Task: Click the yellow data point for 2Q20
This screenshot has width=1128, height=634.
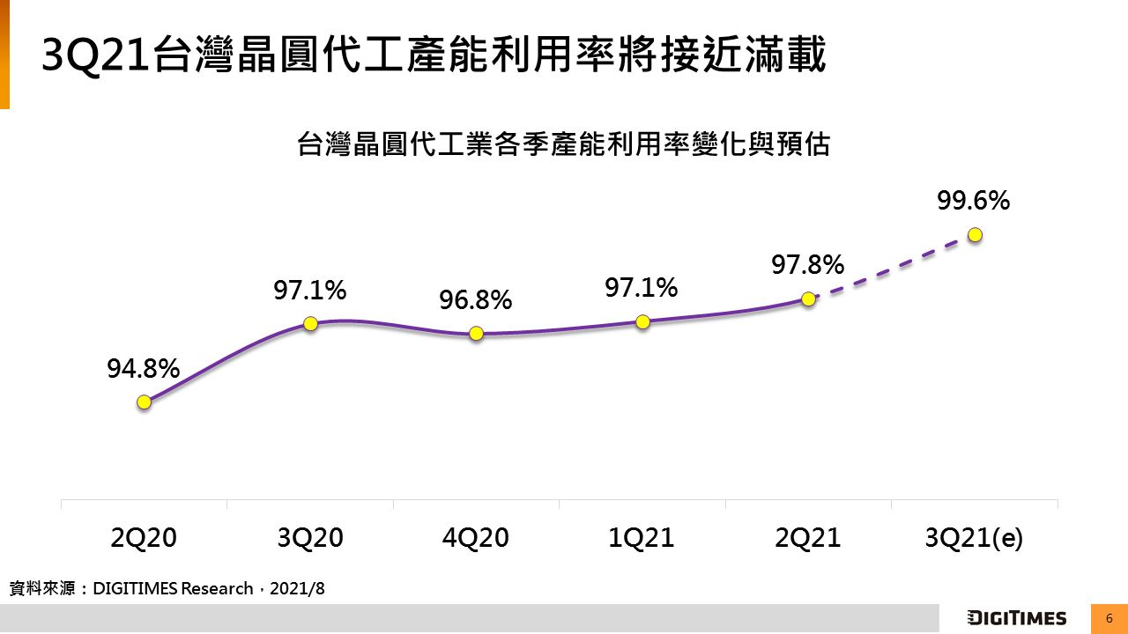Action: [144, 402]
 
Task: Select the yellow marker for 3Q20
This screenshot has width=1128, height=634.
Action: [310, 323]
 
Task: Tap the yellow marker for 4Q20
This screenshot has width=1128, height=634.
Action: [476, 334]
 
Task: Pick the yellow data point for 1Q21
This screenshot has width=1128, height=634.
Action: [642, 321]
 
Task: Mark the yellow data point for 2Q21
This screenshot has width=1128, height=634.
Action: [807, 299]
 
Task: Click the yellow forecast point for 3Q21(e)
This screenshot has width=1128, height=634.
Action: [975, 234]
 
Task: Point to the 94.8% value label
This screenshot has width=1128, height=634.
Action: [144, 369]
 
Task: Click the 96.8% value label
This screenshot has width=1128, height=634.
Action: [476, 300]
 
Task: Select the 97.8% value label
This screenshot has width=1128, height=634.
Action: [808, 264]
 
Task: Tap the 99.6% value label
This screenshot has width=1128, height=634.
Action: [973, 201]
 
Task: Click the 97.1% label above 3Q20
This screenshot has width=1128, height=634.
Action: [309, 290]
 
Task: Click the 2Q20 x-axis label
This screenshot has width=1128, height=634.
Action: [144, 538]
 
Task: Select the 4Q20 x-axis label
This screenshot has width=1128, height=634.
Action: [476, 538]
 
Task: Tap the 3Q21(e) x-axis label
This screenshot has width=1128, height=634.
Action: [974, 538]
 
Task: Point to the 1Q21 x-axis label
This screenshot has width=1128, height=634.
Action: [642, 538]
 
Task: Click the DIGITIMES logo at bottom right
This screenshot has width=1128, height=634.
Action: [1016, 618]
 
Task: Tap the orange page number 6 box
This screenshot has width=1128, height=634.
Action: [1109, 618]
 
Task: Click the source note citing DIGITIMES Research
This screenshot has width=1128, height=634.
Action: [167, 588]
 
